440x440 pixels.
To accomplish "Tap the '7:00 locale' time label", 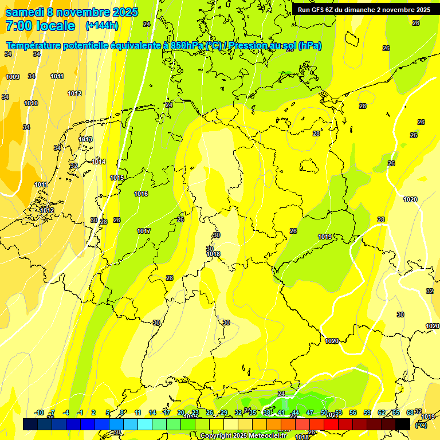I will (40, 26).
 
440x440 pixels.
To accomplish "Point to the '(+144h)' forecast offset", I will (101, 26).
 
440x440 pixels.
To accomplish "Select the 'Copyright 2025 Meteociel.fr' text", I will (243, 435).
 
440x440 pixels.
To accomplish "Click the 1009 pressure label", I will (13, 77).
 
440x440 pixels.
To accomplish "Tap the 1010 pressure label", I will (31, 104).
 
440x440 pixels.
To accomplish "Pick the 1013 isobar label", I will (85, 140).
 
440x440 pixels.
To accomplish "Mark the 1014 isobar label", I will (99, 162).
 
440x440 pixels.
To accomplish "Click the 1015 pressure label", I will (117, 178).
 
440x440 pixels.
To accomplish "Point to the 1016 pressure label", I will (141, 194).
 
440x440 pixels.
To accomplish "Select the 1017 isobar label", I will (144, 231).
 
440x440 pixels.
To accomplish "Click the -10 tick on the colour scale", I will (39, 413).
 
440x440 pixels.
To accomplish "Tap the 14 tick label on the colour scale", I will (152, 413).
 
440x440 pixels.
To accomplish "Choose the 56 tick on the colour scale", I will (352, 413).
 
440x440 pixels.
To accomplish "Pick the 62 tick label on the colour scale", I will (381, 413).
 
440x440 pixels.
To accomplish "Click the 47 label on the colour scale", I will (309, 413).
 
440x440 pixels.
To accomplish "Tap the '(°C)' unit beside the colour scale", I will (421, 425).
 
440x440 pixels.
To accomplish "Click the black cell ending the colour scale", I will (403, 424).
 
